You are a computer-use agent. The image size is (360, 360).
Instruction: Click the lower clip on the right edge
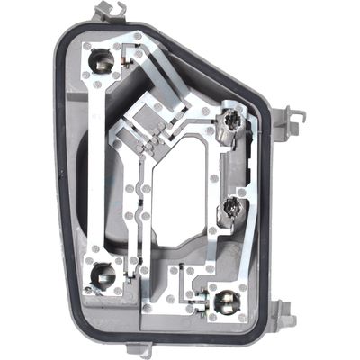tap(285, 312)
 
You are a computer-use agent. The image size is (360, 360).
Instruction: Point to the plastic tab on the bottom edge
tap(135, 350)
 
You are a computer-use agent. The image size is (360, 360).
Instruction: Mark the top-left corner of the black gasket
tap(61, 31)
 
